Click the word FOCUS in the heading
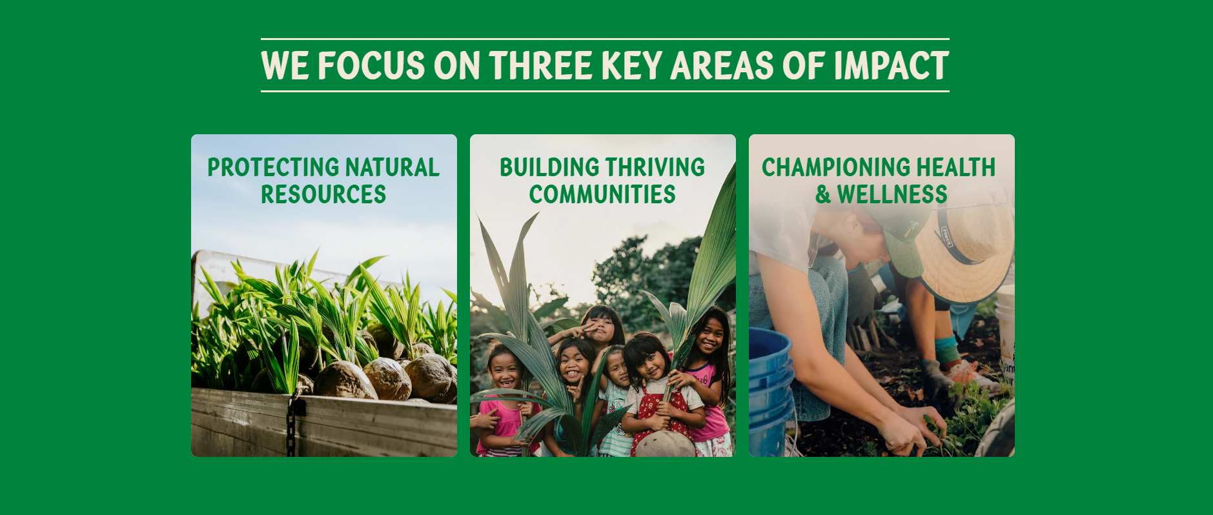(371, 66)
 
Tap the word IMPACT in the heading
(891, 66)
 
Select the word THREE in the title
(540, 66)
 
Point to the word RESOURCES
(323, 194)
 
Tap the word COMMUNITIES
(602, 194)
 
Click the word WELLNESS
(892, 194)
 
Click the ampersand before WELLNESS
(823, 194)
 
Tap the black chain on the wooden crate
(293, 423)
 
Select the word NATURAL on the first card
(392, 167)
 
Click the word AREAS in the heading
(722, 66)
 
